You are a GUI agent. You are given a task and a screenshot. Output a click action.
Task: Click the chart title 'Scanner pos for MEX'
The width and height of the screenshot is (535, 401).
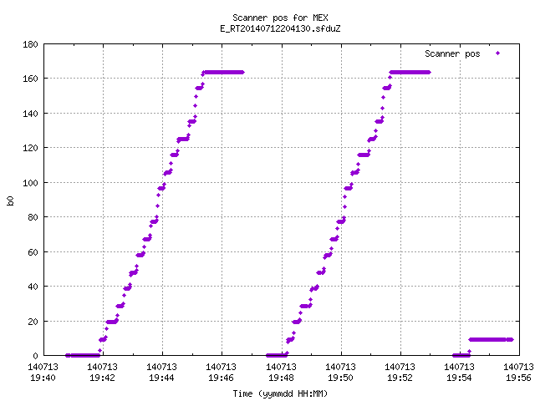(280, 18)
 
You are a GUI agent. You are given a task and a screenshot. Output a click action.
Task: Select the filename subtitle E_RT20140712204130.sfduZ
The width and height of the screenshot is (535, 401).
(280, 28)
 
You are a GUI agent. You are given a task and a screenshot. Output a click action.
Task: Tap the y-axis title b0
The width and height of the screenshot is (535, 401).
(10, 200)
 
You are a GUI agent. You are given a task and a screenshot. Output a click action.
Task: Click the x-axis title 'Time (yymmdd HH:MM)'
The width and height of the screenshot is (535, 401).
(280, 393)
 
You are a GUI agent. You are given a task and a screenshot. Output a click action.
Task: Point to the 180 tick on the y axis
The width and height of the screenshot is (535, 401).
(30, 44)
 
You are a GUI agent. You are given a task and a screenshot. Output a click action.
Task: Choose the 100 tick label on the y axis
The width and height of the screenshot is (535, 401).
(30, 183)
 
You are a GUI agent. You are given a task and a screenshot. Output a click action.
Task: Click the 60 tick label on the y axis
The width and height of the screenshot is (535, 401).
(33, 252)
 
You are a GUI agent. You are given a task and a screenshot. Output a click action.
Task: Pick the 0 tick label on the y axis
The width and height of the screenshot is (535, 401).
(35, 356)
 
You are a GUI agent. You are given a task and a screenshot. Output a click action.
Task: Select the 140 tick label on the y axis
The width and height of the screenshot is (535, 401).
(30, 114)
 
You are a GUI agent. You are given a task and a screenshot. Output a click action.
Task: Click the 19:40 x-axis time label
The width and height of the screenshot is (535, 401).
(43, 378)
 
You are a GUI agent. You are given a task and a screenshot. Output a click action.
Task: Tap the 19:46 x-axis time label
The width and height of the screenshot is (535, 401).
(221, 378)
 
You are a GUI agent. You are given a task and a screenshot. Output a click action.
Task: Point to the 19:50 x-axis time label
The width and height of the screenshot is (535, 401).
(340, 378)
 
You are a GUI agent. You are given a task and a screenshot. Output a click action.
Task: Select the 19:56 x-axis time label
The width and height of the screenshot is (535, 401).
(518, 378)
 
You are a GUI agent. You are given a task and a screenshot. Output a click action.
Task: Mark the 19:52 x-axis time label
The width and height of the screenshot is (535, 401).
(400, 378)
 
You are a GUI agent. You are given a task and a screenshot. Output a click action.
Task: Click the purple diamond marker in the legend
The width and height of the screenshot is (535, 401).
(498, 53)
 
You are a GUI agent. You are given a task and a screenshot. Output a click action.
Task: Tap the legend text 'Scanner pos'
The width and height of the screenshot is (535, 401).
(452, 53)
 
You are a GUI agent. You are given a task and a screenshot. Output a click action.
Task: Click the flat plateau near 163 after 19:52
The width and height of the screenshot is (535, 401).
(410, 73)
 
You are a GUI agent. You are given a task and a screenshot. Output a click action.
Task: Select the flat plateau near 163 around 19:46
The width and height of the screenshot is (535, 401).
(223, 73)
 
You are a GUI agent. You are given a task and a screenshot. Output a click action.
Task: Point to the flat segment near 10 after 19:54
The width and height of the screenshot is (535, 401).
(491, 340)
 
